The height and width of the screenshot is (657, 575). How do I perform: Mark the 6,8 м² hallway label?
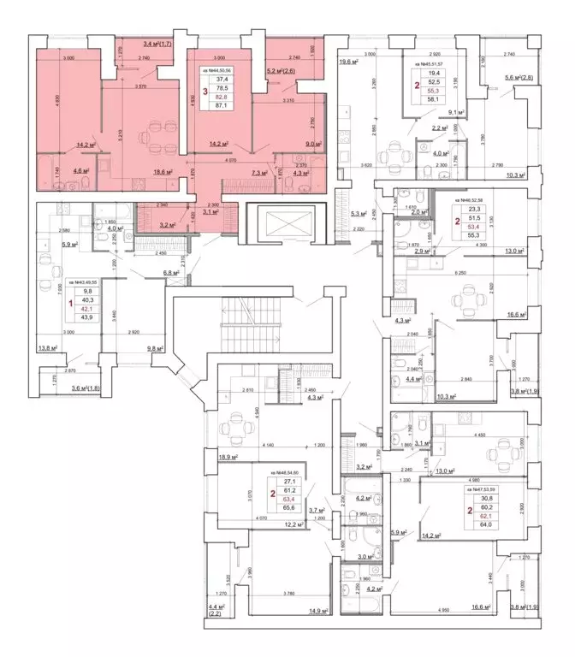[x=174, y=273]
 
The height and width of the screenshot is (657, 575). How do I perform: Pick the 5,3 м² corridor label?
[x=359, y=215]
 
